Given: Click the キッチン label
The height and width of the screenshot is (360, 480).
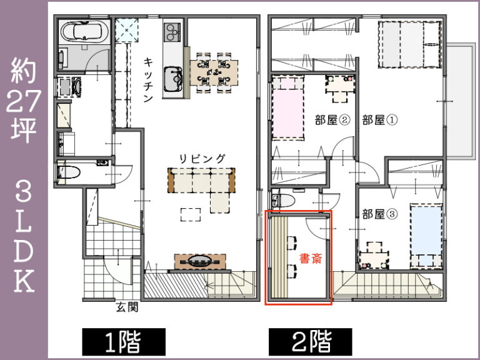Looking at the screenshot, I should coord(149,82).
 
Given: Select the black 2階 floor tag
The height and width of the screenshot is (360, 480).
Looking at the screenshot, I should coord(311,341).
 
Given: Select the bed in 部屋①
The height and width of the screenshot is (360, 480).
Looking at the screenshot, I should coord(410,43).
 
